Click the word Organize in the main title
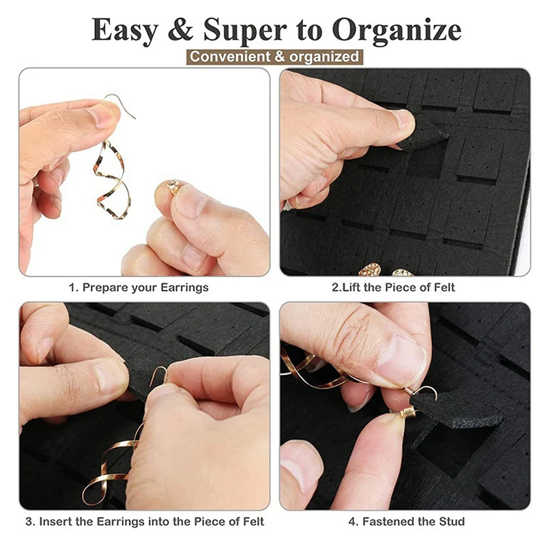(397, 31)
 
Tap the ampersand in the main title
(180, 29)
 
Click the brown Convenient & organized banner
(274, 57)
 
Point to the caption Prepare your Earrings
(139, 287)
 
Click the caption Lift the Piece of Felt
(393, 287)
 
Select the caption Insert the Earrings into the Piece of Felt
(145, 521)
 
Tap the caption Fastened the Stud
(406, 521)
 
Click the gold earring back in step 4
(405, 415)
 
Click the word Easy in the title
(125, 31)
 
